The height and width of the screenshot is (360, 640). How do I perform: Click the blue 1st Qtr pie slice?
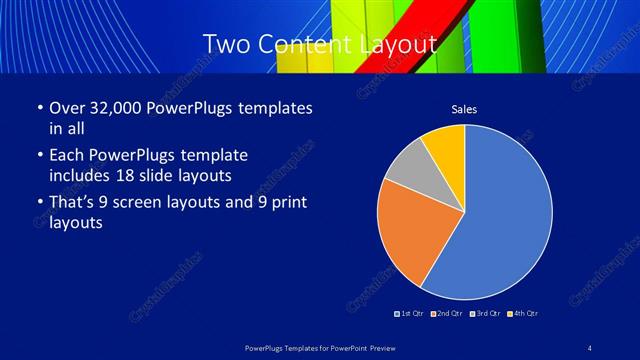(505, 220)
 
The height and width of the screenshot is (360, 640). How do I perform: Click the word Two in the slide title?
(224, 44)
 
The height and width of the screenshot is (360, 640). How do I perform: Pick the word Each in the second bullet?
(66, 155)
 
